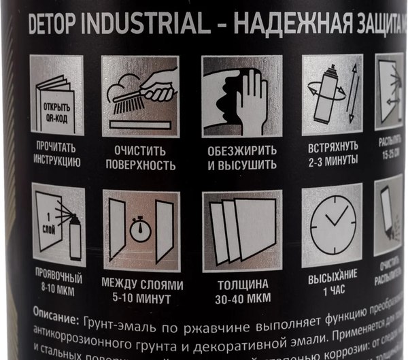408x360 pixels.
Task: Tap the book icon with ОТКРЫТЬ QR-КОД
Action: pyautogui.click(x=56, y=96)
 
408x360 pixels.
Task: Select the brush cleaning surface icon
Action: pyautogui.click(x=140, y=96)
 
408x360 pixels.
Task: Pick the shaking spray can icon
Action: pyautogui.click(x=332, y=96)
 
